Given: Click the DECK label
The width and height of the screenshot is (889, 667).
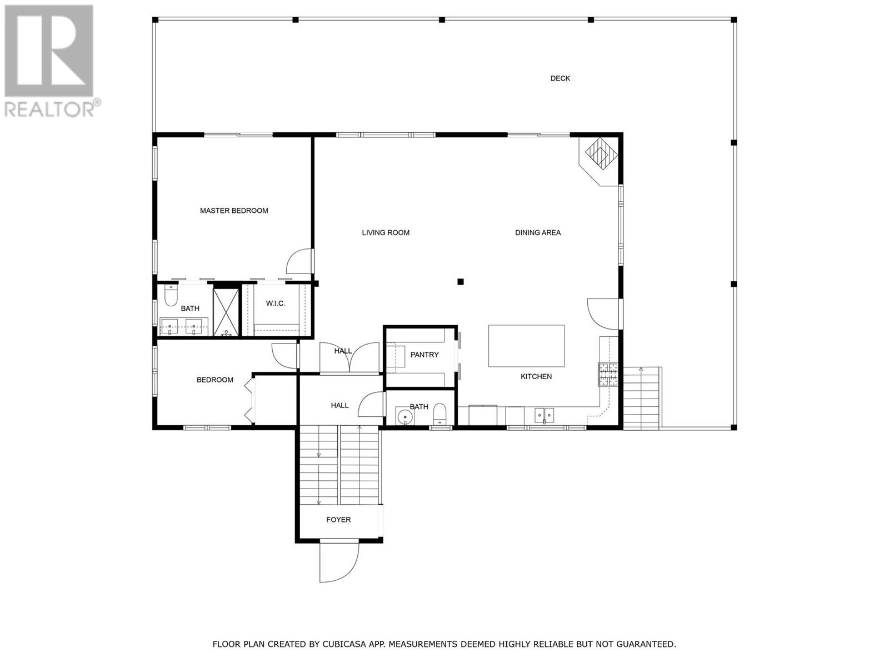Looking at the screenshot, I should pyautogui.click(x=560, y=78).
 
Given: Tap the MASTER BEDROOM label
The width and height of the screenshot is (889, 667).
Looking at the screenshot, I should pyautogui.click(x=234, y=211).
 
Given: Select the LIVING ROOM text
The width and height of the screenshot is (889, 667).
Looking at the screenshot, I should pyautogui.click(x=386, y=233).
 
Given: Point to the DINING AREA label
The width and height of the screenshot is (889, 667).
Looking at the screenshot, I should pyautogui.click(x=537, y=233).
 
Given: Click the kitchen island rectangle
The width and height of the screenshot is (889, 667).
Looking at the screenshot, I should pyautogui.click(x=526, y=346).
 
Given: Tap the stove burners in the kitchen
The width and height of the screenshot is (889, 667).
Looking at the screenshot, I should pyautogui.click(x=608, y=374).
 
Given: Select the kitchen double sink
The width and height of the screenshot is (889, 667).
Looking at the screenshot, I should pyautogui.click(x=544, y=415).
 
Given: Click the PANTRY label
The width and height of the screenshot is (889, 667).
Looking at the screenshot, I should pyautogui.click(x=424, y=355).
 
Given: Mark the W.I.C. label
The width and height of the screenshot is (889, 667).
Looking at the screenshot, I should pyautogui.click(x=275, y=303).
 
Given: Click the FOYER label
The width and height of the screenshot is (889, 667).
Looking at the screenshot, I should pyautogui.click(x=338, y=520).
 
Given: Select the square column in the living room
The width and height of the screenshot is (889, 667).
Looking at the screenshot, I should pyautogui.click(x=460, y=282).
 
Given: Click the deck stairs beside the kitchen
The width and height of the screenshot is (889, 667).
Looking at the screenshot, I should pyautogui.click(x=642, y=398).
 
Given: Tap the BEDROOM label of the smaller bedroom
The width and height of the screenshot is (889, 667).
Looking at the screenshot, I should pyautogui.click(x=214, y=380).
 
